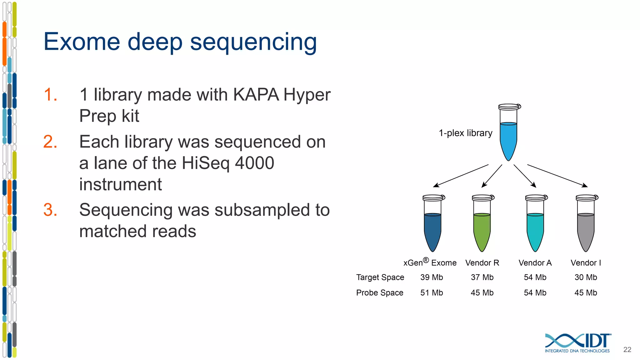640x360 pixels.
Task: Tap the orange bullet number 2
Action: [50, 142]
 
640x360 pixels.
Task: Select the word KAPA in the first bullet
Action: [256, 95]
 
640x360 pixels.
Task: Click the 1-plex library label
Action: [465, 133]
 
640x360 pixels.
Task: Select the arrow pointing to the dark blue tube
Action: [461, 176]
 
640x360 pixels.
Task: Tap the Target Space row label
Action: [380, 277]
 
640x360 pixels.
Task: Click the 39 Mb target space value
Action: [432, 277]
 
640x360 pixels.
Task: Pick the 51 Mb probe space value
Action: [432, 293]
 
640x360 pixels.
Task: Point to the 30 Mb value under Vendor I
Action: [586, 277]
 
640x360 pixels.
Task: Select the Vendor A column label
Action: [535, 263]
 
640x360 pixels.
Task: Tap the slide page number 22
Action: [627, 350]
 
